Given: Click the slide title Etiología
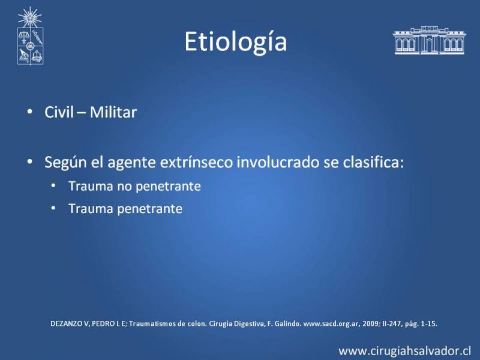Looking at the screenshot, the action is click(x=235, y=42).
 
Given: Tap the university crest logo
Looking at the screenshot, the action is click(x=30, y=36).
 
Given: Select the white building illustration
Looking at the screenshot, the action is click(x=429, y=40).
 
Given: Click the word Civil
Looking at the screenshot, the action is click(x=59, y=112).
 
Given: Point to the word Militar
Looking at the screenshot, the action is click(x=113, y=112).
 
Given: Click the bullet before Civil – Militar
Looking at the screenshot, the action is click(x=29, y=112).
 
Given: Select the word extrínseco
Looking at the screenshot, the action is click(x=196, y=162).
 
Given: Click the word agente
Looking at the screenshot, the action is click(x=131, y=163).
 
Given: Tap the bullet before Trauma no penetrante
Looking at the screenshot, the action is click(x=53, y=185).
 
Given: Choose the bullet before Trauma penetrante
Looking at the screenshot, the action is click(x=53, y=208).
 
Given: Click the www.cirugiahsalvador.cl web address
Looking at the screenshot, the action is click(x=404, y=351).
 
